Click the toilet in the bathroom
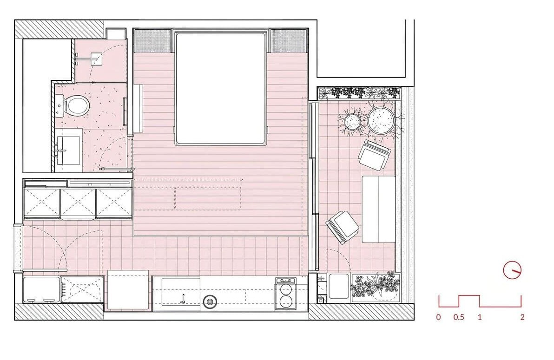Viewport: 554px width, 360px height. pyautogui.click(x=76, y=105)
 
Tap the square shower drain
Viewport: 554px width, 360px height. pyautogui.click(x=97, y=58)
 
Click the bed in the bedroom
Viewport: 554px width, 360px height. pyautogui.click(x=221, y=87)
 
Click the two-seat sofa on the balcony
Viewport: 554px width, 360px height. pyautogui.click(x=378, y=209)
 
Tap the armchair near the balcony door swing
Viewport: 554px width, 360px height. pyautogui.click(x=343, y=226)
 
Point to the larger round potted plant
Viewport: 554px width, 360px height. pyautogui.click(x=381, y=120)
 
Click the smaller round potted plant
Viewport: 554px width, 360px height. pyautogui.click(x=352, y=122)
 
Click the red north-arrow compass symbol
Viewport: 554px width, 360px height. pyautogui.click(x=512, y=270)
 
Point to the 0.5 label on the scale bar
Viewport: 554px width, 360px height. pyautogui.click(x=458, y=318)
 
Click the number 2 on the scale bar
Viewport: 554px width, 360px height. pyautogui.click(x=522, y=318)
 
